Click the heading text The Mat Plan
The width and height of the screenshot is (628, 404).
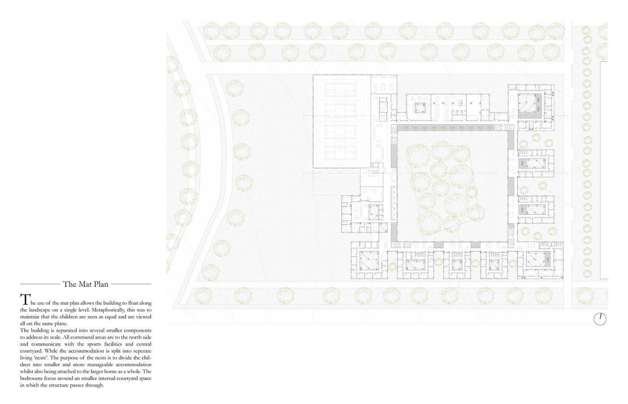click(x=86, y=284)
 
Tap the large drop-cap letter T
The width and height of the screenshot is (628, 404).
click(x=25, y=299)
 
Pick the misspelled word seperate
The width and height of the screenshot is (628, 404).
click(x=141, y=351)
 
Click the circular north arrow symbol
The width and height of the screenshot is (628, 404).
click(x=600, y=319)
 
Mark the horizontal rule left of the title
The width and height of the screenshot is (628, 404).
click(x=40, y=284)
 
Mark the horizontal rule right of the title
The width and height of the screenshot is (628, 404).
click(x=131, y=284)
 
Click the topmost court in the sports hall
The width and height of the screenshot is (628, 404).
click(x=340, y=90)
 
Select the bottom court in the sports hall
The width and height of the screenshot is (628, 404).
click(x=340, y=153)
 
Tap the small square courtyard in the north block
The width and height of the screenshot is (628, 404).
click(x=420, y=107)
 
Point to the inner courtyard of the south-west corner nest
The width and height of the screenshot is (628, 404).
click(x=369, y=261)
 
